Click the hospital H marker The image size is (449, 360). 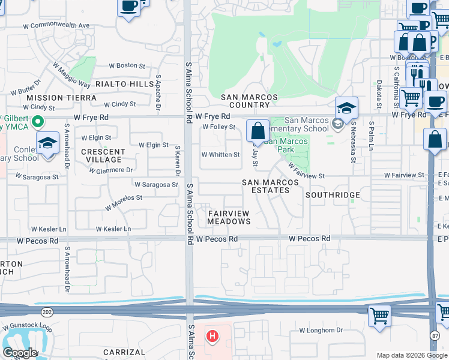point(211,335)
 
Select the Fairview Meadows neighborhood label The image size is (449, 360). point(229,217)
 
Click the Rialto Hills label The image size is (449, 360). point(125,84)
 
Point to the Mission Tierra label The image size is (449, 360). point(61,97)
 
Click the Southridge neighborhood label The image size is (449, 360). point(333,195)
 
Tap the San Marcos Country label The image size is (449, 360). point(249,101)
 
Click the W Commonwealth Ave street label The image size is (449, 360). point(56,26)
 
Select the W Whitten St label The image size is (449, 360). point(220,154)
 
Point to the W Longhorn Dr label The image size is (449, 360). point(321,330)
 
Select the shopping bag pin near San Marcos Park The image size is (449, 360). point(258,131)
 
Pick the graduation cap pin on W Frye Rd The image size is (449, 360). point(346,108)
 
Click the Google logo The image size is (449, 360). point(20,353)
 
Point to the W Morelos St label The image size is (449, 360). point(123,201)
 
